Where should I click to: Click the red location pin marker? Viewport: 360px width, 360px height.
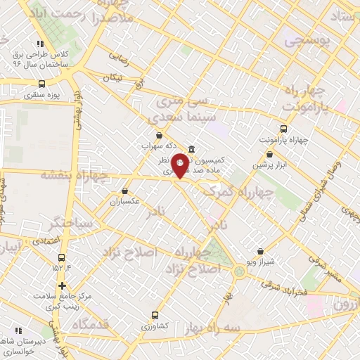181,165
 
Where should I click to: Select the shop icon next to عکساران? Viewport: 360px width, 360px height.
125,191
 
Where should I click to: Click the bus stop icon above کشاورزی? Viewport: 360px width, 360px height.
155,316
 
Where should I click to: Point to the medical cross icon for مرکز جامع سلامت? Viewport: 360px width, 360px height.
63,286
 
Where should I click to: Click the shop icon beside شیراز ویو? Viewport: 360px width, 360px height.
260,251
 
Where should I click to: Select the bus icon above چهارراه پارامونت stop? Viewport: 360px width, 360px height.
283,129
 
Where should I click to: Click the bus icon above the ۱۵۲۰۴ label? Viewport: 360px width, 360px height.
62,257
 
